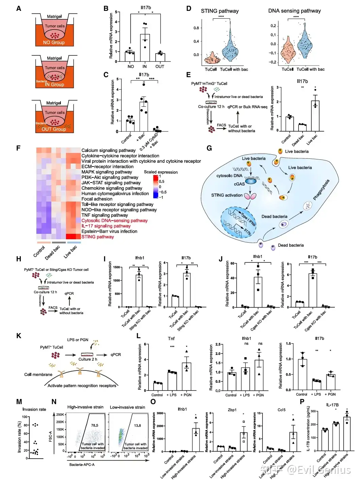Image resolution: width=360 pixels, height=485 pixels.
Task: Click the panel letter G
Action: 209,148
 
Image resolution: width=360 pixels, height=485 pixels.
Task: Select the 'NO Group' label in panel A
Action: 54,42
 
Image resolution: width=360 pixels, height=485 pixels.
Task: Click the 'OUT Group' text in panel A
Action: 54,129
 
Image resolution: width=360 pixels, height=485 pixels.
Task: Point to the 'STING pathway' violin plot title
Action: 220,11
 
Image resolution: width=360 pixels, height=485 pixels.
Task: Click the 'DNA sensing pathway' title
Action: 294,11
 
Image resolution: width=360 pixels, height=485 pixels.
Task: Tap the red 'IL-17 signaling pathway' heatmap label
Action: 106,226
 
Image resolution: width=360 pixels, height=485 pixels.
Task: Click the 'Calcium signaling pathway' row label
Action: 108,150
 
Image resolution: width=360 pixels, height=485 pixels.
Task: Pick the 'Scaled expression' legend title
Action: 161,172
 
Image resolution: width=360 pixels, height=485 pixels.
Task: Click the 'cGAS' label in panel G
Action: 239,184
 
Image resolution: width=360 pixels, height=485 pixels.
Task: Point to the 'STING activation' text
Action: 227,195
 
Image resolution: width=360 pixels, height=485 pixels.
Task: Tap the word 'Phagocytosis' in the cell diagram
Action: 321,190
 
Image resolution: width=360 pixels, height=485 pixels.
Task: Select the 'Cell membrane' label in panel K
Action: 38,375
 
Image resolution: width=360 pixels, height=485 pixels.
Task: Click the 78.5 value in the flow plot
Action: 95,426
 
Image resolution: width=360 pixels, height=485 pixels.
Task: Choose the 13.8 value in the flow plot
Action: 137,426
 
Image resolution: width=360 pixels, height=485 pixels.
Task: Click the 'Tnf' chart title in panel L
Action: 171,339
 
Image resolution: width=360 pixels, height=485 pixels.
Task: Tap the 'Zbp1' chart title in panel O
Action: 232,410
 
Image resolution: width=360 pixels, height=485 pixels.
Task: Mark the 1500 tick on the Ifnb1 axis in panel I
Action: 117,267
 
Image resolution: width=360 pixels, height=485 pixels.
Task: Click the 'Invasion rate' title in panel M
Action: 34,410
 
